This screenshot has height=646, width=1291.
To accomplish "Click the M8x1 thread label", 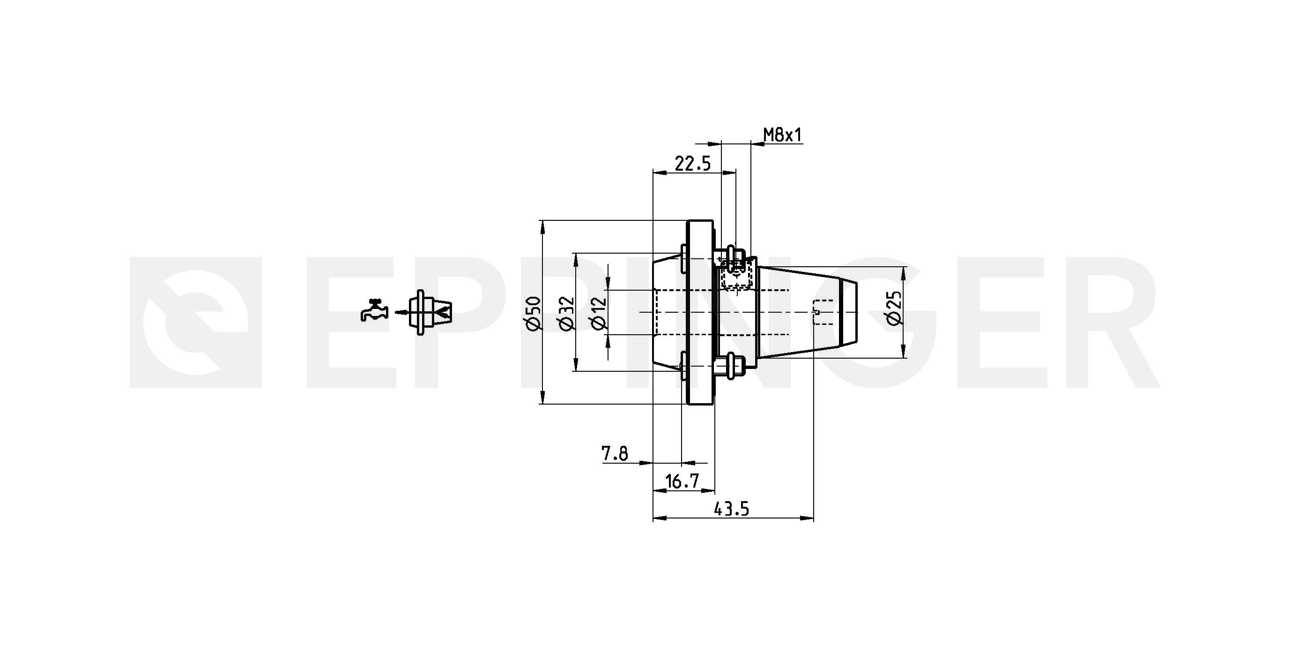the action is tap(782, 135).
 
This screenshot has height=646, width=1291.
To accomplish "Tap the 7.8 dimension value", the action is tap(615, 453).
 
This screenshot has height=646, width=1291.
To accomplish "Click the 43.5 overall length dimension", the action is tap(731, 509).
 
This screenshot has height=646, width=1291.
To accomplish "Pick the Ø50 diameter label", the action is tap(534, 314).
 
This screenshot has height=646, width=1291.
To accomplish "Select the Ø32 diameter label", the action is tap(566, 314).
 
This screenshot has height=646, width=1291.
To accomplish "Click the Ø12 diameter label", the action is tap(599, 314).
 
